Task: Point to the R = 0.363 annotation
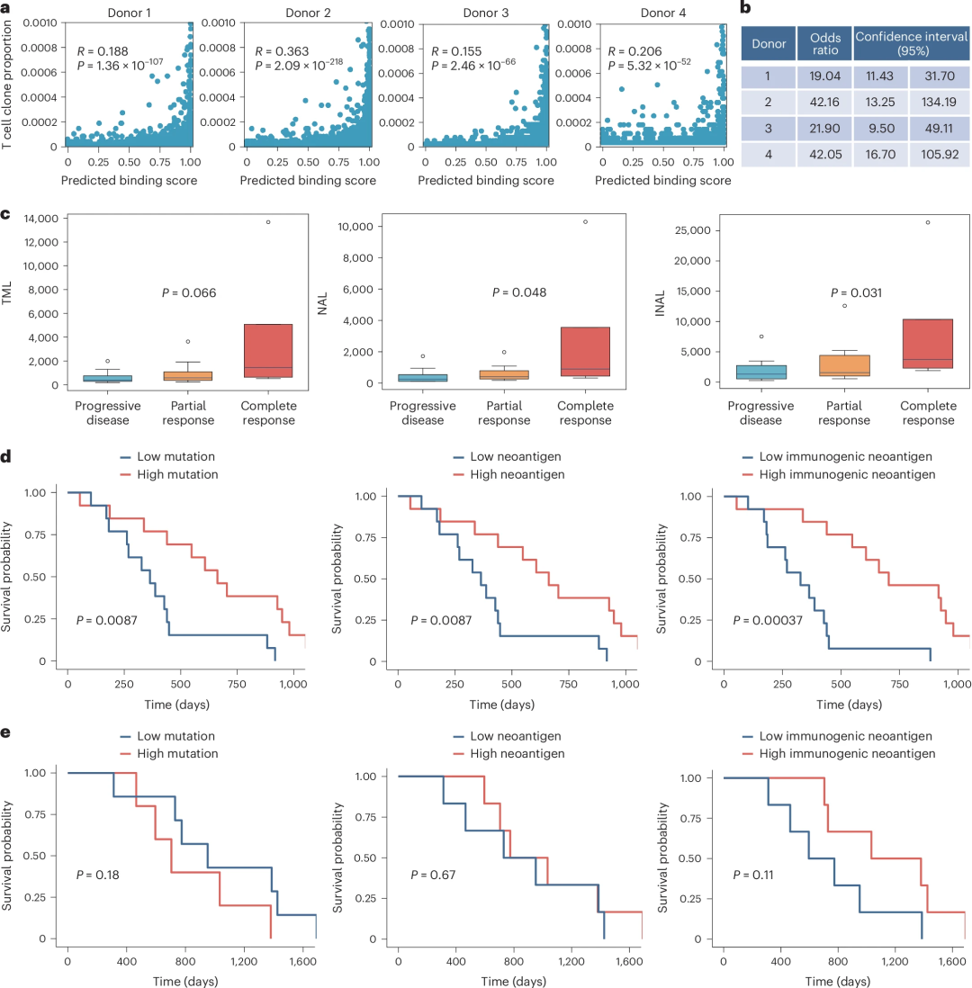point(283,49)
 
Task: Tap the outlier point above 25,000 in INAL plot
point(927,222)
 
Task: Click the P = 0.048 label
point(519,292)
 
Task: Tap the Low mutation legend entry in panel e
point(176,735)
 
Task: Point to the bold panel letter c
point(6,216)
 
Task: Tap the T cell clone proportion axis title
point(8,74)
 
